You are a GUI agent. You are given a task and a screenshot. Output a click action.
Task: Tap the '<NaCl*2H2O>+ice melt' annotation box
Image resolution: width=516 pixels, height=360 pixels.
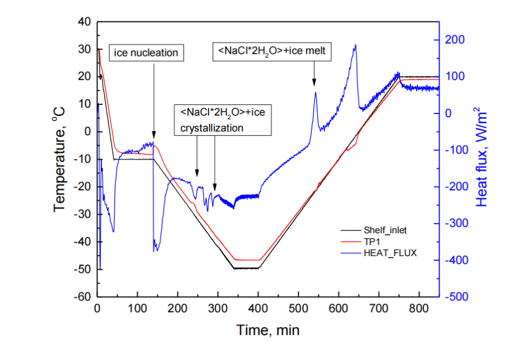(275, 51)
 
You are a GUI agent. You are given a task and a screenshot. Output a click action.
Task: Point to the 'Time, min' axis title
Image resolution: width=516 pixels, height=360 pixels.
(268, 330)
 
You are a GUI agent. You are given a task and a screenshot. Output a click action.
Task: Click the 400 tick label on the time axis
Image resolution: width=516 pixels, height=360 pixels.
(258, 308)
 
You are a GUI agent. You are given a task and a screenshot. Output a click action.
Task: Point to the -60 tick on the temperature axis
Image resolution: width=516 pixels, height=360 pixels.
(84, 297)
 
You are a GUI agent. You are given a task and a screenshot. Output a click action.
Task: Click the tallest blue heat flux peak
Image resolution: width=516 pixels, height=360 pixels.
(354, 45)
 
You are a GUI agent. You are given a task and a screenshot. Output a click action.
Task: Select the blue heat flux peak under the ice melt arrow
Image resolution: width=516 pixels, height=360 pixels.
(316, 93)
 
